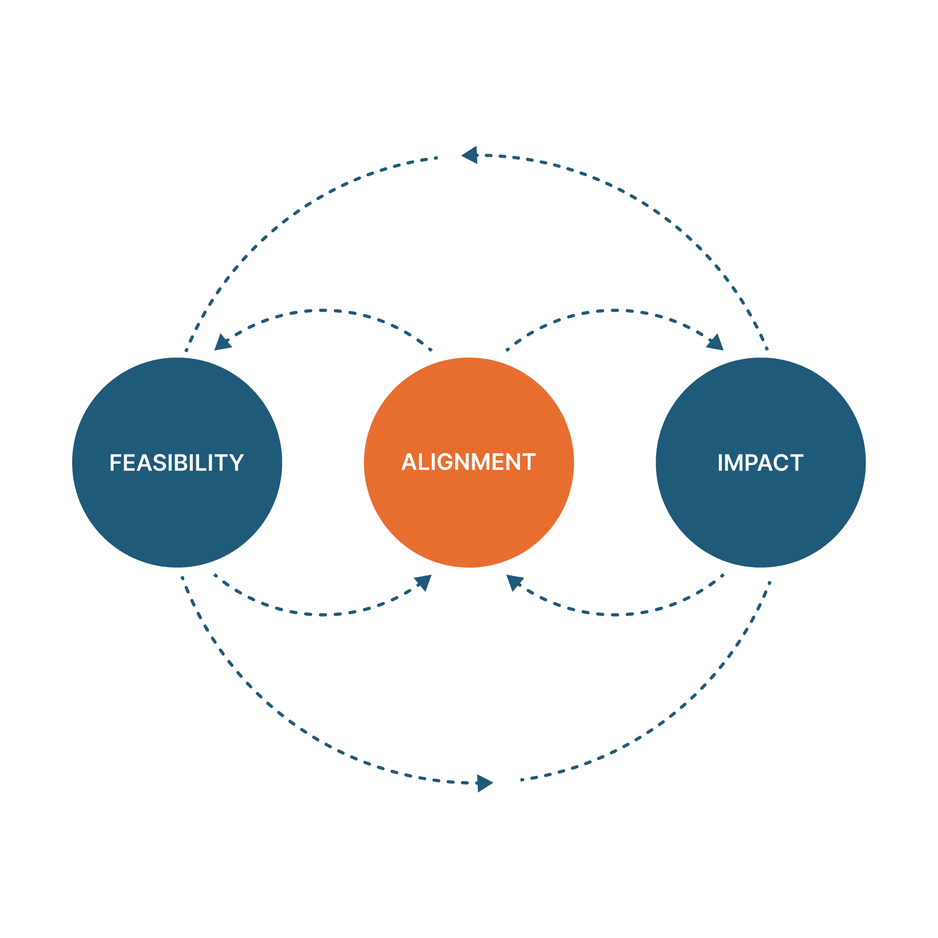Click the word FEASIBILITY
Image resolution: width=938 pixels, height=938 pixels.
(177, 463)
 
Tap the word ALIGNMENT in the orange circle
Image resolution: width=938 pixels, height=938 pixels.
(469, 462)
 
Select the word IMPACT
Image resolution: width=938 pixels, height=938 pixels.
(761, 463)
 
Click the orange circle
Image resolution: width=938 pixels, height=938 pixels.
(469, 515)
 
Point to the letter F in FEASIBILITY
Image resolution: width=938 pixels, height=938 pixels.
(115, 463)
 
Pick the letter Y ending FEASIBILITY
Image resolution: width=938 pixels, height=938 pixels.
(237, 463)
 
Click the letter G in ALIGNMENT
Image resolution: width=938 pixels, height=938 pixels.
(445, 462)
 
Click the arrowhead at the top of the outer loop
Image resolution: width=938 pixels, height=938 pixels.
(470, 155)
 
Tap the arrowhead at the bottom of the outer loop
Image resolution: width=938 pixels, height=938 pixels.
(484, 783)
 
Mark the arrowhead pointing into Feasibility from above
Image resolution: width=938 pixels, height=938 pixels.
(222, 343)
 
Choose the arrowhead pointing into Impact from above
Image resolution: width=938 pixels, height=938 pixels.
(716, 343)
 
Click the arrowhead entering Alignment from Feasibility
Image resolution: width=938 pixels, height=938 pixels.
(423, 582)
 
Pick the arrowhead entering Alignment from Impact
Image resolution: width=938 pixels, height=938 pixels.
(514, 582)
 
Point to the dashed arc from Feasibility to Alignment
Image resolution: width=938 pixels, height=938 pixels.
(323, 615)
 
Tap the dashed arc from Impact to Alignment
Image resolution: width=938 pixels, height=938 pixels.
(615, 615)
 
